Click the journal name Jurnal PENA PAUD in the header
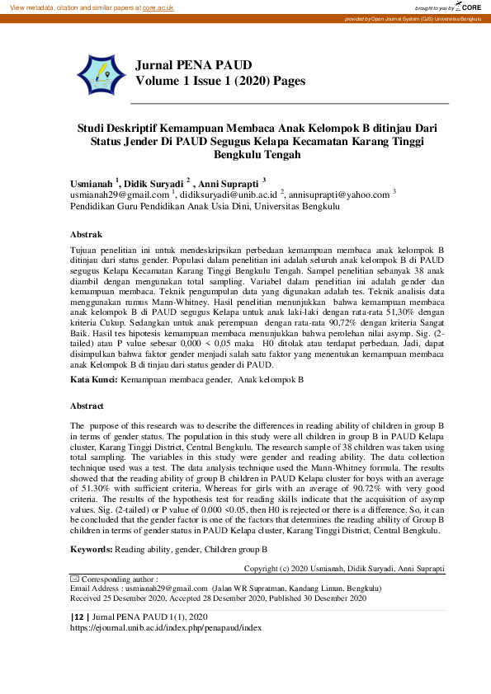pos(194,64)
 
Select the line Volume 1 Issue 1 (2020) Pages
pos(220,81)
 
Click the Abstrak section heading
pos(86,235)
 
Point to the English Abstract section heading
pos(87,406)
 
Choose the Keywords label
pos(91,548)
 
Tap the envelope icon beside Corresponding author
pos(75,579)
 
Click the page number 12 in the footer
pos(78,617)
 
